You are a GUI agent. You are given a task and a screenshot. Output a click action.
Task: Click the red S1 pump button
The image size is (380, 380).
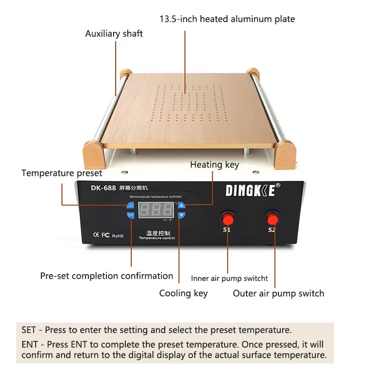pos(228,219)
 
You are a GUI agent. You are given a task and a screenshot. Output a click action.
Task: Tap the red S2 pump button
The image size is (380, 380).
pos(272,218)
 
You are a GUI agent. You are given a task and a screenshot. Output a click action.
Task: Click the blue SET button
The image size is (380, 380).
pos(131,205)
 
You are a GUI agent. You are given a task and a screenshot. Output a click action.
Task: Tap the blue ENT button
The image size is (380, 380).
pos(131,215)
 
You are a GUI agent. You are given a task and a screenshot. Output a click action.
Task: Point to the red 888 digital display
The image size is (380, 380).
pos(156,209)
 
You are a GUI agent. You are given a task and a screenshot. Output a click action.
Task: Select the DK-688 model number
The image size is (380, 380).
pos(104,188)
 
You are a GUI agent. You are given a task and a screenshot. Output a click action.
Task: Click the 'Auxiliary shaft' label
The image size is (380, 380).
pos(114,34)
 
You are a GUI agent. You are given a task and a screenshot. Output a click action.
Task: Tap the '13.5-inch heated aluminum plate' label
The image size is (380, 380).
pos(227,19)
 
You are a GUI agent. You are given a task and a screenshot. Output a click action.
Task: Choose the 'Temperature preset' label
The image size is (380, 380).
pos(62,173)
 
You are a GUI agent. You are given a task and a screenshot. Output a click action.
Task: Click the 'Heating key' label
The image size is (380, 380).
pos(214,165)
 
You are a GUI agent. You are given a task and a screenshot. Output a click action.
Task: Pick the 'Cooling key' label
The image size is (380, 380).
pos(183,293)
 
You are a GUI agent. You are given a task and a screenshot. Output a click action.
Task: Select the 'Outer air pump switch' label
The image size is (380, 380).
pos(278,293)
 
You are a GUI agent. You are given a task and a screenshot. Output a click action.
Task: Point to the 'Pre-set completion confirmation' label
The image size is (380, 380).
pos(106,275)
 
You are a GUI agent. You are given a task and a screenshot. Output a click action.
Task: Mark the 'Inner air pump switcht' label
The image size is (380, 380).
pos(229,278)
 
